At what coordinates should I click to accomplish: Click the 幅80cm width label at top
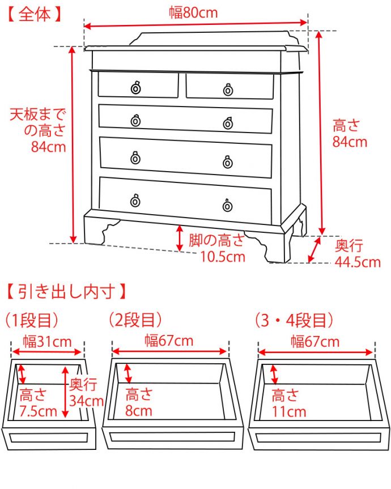click(193, 12)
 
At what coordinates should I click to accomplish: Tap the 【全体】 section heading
click(35, 14)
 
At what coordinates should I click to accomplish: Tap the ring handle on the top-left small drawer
click(135, 88)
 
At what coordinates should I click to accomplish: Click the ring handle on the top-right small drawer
click(228, 90)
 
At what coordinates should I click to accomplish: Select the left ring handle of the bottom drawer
click(135, 201)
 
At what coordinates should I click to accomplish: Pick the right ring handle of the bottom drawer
click(227, 205)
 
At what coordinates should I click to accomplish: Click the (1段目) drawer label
click(32, 321)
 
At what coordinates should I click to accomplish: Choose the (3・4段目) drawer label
click(294, 321)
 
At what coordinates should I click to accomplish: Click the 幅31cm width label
click(47, 341)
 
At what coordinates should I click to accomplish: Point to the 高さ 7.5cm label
click(37, 402)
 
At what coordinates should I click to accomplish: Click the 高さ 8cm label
click(139, 402)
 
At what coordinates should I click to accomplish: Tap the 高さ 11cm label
click(288, 403)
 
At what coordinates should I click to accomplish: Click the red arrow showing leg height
click(180, 237)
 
